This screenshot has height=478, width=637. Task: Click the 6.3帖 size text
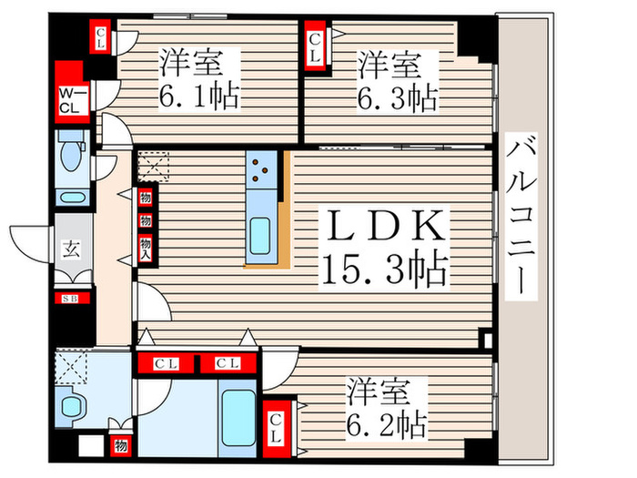pyautogui.click(x=395, y=97)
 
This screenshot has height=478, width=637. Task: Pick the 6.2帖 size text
pyautogui.click(x=386, y=423)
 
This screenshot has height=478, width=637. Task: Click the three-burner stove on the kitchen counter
pyautogui.click(x=259, y=168)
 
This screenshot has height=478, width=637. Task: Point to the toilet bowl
pyautogui.click(x=69, y=157)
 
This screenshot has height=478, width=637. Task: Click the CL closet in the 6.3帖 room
pyautogui.click(x=315, y=46)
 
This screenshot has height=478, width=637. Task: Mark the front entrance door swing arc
pyautogui.click(x=27, y=244)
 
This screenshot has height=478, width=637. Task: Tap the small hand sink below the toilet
pyautogui.click(x=69, y=195)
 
